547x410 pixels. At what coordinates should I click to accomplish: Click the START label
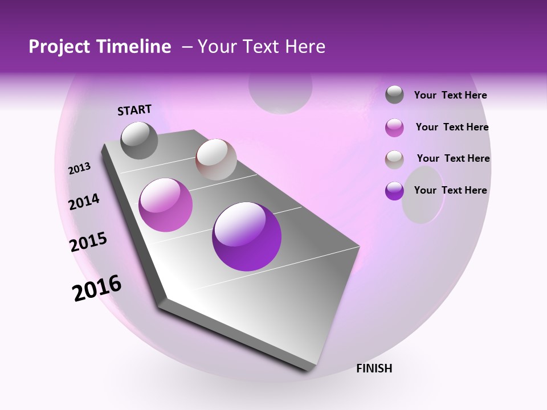pyautogui.click(x=134, y=110)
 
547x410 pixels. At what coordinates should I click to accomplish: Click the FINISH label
pyautogui.click(x=374, y=368)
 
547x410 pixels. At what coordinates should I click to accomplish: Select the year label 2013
pyautogui.click(x=80, y=169)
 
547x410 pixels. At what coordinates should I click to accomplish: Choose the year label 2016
pyautogui.click(x=97, y=288)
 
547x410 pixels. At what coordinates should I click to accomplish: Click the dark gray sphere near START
pyautogui.click(x=139, y=140)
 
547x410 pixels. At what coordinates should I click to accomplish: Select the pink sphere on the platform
pyautogui.click(x=166, y=205)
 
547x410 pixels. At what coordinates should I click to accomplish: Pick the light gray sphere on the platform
pyautogui.click(x=216, y=159)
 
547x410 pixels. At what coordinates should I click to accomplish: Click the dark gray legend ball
pyautogui.click(x=394, y=95)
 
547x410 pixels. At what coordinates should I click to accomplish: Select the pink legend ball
pyautogui.click(x=394, y=128)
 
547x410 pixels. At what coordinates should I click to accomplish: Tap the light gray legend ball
pyautogui.click(x=394, y=159)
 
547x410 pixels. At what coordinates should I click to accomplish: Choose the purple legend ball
pyautogui.click(x=394, y=191)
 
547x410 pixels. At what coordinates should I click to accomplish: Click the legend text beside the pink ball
pyautogui.click(x=452, y=127)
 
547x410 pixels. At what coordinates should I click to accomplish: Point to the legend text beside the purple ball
pyautogui.click(x=450, y=190)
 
